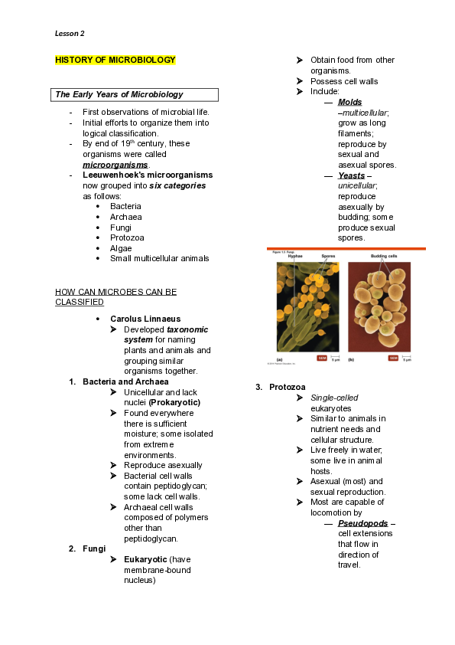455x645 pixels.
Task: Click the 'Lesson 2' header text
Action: coord(70,34)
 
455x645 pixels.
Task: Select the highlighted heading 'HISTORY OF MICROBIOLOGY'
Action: coord(115,60)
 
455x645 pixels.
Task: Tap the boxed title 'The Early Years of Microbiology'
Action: coord(119,95)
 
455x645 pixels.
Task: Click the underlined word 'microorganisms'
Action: coord(115,165)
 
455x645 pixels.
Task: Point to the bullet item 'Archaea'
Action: coord(126,217)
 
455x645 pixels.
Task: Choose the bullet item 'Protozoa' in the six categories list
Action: coord(128,237)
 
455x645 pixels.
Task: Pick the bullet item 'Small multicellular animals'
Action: coord(159,258)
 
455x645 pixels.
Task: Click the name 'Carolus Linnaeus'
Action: coord(145,319)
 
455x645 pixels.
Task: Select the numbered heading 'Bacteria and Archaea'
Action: coord(125,381)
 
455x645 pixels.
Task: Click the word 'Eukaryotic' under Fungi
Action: coord(145,559)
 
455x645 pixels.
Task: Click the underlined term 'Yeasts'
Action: coord(351,175)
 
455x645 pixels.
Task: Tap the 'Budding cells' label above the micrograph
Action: coord(383,256)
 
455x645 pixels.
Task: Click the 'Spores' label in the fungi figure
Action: coord(328,256)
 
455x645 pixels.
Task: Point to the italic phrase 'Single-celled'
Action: coord(334,398)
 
